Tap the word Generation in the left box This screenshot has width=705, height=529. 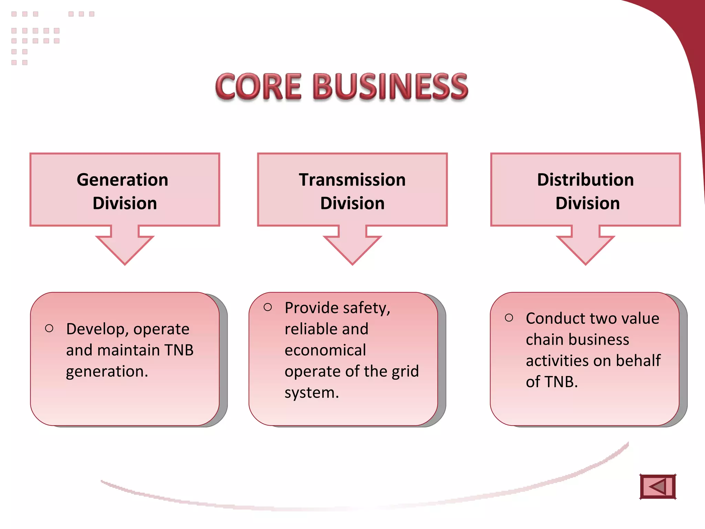point(123,180)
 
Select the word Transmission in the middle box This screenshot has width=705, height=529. point(352,180)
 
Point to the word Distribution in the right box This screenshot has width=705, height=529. point(585,180)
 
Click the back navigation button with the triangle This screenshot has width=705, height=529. point(658,487)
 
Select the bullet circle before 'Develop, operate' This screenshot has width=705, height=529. point(49,328)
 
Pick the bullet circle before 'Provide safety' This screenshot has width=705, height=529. point(268,307)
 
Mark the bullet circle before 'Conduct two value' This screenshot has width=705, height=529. point(509,318)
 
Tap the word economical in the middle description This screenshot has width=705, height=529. point(325,350)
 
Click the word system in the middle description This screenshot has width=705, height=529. point(309,393)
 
